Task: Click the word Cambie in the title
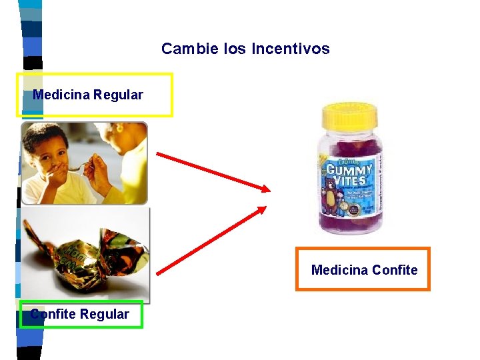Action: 182,49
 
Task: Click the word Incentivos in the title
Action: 291,49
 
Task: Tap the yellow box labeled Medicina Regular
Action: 94,95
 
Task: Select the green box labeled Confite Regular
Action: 81,314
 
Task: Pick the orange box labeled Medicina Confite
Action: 363,269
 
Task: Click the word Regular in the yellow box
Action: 118,95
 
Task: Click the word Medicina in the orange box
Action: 339,270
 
